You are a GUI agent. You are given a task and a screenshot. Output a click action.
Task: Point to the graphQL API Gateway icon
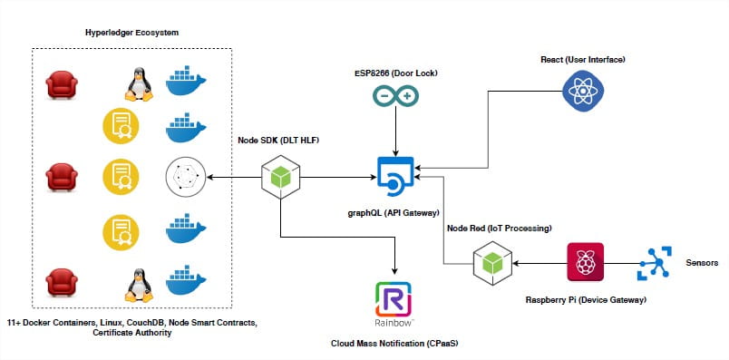click(395, 175)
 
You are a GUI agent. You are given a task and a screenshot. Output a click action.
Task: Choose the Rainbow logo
click(395, 302)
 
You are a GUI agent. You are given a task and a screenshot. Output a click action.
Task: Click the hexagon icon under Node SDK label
click(281, 175)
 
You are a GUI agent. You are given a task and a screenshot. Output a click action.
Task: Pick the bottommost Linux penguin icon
click(137, 284)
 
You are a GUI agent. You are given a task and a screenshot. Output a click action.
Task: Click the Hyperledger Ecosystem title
click(131, 33)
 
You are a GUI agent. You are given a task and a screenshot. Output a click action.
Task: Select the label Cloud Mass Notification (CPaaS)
click(395, 344)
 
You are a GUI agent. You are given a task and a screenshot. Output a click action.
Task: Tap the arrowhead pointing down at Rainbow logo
click(395, 270)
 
